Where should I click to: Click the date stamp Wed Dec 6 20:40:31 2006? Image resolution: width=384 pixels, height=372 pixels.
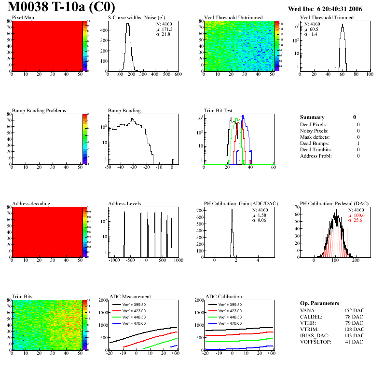(x=325, y=9)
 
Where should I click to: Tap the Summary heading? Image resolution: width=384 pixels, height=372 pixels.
(x=312, y=117)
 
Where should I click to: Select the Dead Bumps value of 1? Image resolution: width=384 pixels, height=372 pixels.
(x=358, y=143)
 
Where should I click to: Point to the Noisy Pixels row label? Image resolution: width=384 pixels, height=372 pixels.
(x=314, y=131)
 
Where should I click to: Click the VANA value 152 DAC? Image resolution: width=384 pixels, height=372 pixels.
(x=354, y=311)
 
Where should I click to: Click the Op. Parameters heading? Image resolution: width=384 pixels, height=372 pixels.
(x=319, y=303)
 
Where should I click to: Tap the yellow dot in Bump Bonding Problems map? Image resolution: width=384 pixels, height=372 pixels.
(x=45, y=136)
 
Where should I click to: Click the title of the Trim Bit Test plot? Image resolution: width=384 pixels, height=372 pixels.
(x=219, y=110)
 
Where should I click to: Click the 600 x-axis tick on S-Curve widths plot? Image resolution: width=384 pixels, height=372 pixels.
(x=178, y=75)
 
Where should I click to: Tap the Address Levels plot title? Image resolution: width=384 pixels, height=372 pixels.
(x=124, y=204)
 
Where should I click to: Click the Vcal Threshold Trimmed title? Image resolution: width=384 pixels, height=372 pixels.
(x=327, y=17)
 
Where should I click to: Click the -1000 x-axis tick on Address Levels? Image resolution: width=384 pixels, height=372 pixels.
(x=114, y=260)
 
